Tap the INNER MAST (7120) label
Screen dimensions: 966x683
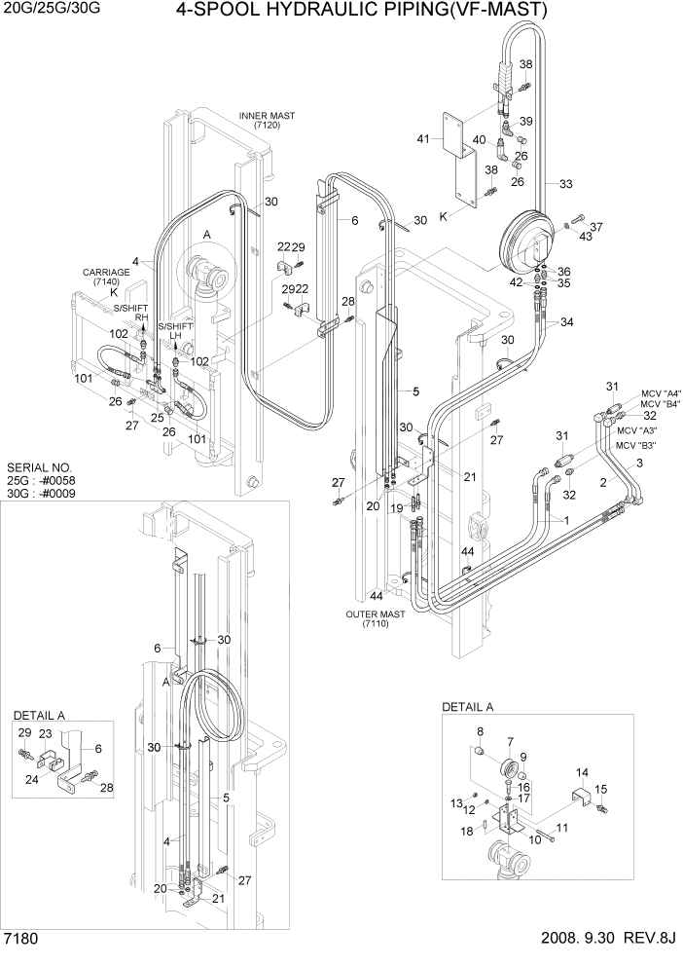[266, 121]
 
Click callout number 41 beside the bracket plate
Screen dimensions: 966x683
[423, 139]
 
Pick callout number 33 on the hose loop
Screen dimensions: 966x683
[565, 182]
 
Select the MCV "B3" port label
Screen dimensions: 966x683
[635, 445]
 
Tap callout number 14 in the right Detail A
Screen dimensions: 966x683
[582, 772]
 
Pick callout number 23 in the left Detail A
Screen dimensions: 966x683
[44, 733]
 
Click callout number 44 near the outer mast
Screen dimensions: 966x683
[376, 595]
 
